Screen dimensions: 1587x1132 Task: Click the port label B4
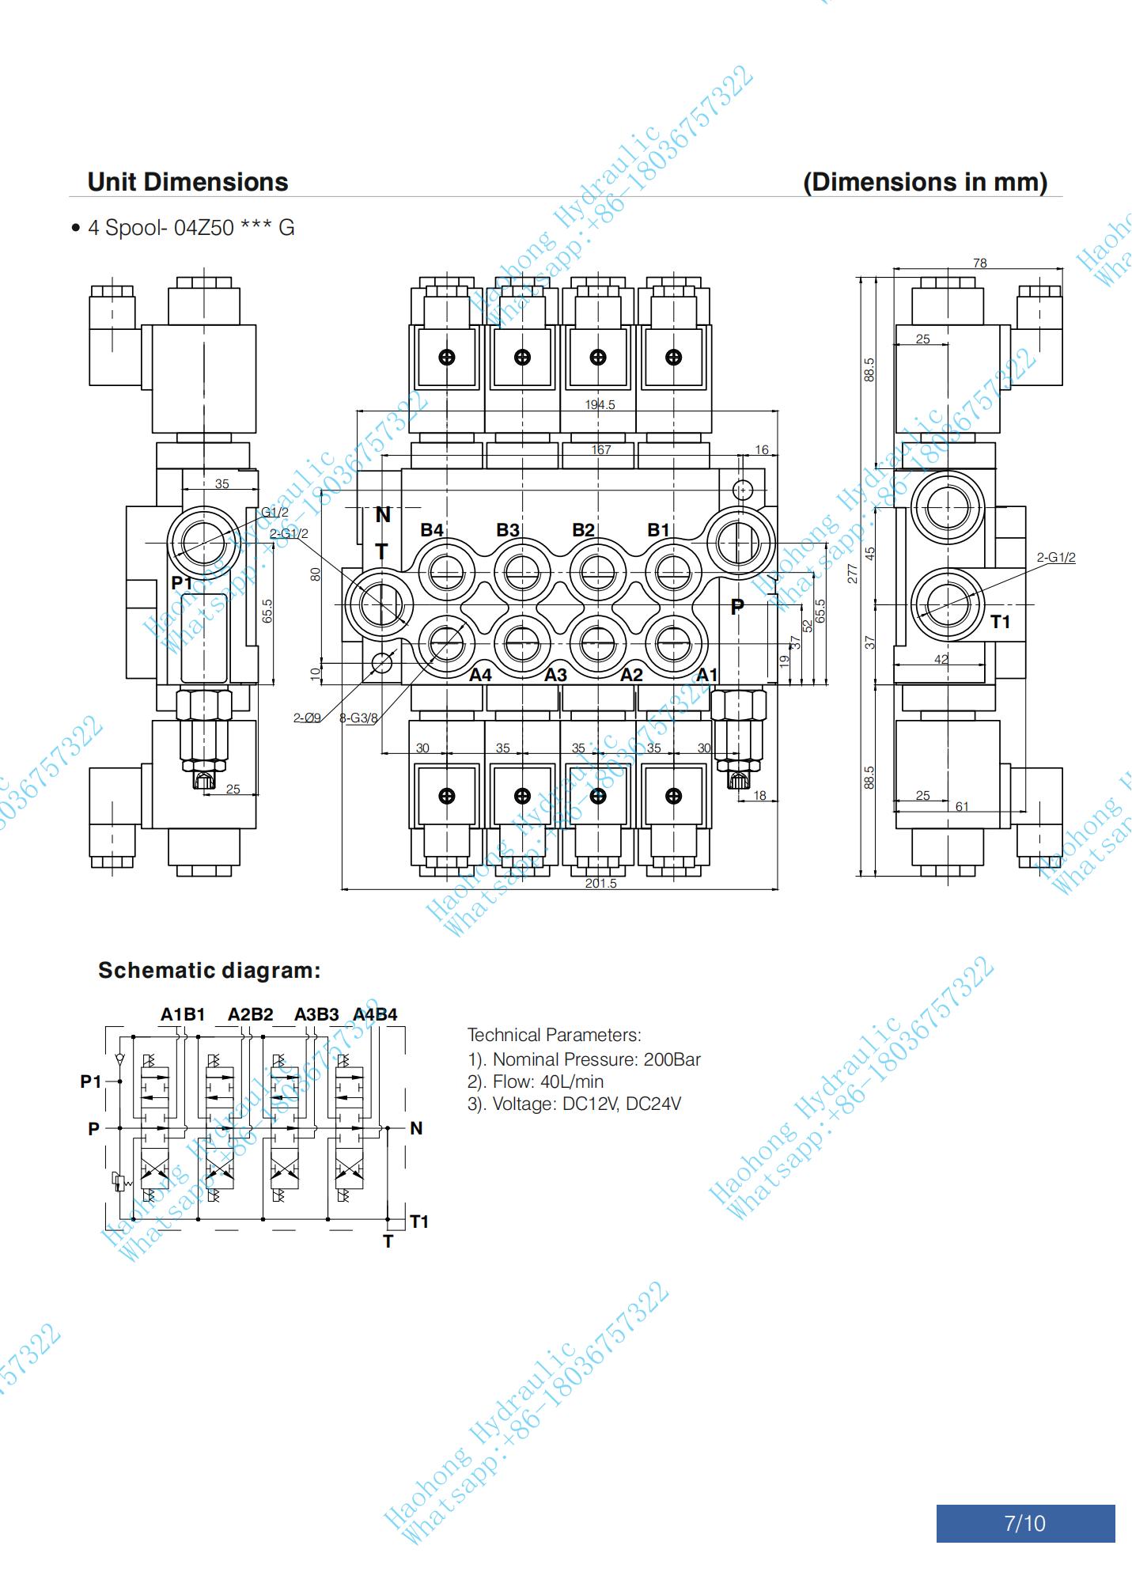(432, 530)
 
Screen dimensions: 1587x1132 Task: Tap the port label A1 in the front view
(706, 675)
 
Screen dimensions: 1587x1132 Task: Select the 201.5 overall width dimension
(600, 883)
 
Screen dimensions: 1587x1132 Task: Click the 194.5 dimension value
(600, 405)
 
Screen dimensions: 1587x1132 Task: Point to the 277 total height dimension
(853, 574)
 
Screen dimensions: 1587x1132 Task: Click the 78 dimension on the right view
(979, 263)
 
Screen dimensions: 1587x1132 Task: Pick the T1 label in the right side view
(1001, 622)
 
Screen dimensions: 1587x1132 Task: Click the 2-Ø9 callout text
(307, 718)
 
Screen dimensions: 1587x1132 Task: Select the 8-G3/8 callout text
(358, 718)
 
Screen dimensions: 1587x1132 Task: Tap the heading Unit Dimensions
(187, 182)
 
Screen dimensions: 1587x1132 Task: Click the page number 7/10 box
(1024, 1523)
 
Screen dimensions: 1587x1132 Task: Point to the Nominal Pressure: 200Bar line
(584, 1059)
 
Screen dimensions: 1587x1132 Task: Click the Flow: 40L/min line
(536, 1081)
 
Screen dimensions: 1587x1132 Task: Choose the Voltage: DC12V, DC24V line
(574, 1104)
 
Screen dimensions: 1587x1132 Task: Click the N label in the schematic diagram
(416, 1128)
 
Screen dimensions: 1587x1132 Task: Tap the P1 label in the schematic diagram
(91, 1081)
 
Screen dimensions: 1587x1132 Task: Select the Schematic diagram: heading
(210, 971)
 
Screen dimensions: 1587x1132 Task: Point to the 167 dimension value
(601, 449)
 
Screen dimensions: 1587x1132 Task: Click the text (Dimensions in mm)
(925, 182)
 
